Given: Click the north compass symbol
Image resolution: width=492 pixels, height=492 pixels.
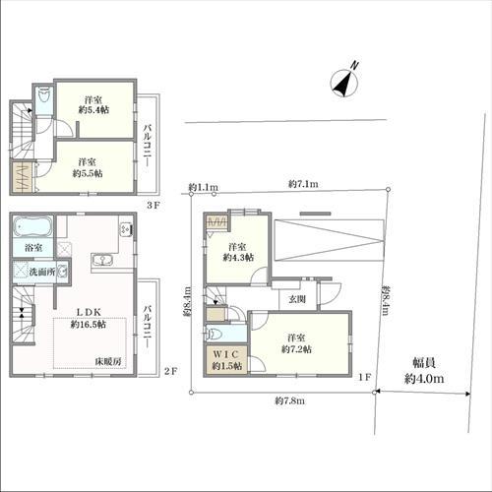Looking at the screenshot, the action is point(344,82).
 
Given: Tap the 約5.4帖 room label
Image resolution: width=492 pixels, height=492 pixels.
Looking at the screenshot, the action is point(93,104).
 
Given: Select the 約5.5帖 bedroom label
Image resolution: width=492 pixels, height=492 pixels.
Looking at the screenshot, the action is point(88,167).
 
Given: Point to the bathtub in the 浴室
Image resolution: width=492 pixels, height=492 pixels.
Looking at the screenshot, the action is point(32,226).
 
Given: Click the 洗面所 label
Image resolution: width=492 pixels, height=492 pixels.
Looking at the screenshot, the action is point(42,272).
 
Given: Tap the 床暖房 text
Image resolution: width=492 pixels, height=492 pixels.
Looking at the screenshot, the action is point(108,362).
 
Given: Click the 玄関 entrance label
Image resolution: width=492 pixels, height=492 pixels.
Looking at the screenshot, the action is point(297,299).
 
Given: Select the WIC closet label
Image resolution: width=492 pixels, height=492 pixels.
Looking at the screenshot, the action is point(227,360).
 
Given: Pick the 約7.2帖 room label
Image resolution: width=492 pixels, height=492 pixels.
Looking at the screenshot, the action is point(296,343).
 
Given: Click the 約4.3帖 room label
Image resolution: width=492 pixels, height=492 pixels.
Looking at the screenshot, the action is point(238,252).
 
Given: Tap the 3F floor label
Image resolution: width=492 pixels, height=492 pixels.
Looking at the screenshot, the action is point(153,206).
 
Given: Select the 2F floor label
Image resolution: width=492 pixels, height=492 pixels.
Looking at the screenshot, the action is point(170,371).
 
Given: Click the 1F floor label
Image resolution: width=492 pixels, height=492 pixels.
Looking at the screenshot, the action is point(364,377).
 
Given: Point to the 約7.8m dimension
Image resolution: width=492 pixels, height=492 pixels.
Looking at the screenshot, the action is point(290,400).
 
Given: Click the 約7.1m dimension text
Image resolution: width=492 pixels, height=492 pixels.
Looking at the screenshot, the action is point(303,184).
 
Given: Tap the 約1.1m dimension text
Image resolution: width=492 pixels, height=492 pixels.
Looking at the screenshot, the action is point(204,188).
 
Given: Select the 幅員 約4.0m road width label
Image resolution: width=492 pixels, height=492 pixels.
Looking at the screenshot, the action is point(424,371).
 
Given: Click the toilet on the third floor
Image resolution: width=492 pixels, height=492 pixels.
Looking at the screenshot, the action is point(43,97).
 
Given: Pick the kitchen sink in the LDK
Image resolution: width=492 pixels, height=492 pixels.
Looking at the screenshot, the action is point(103,260).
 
